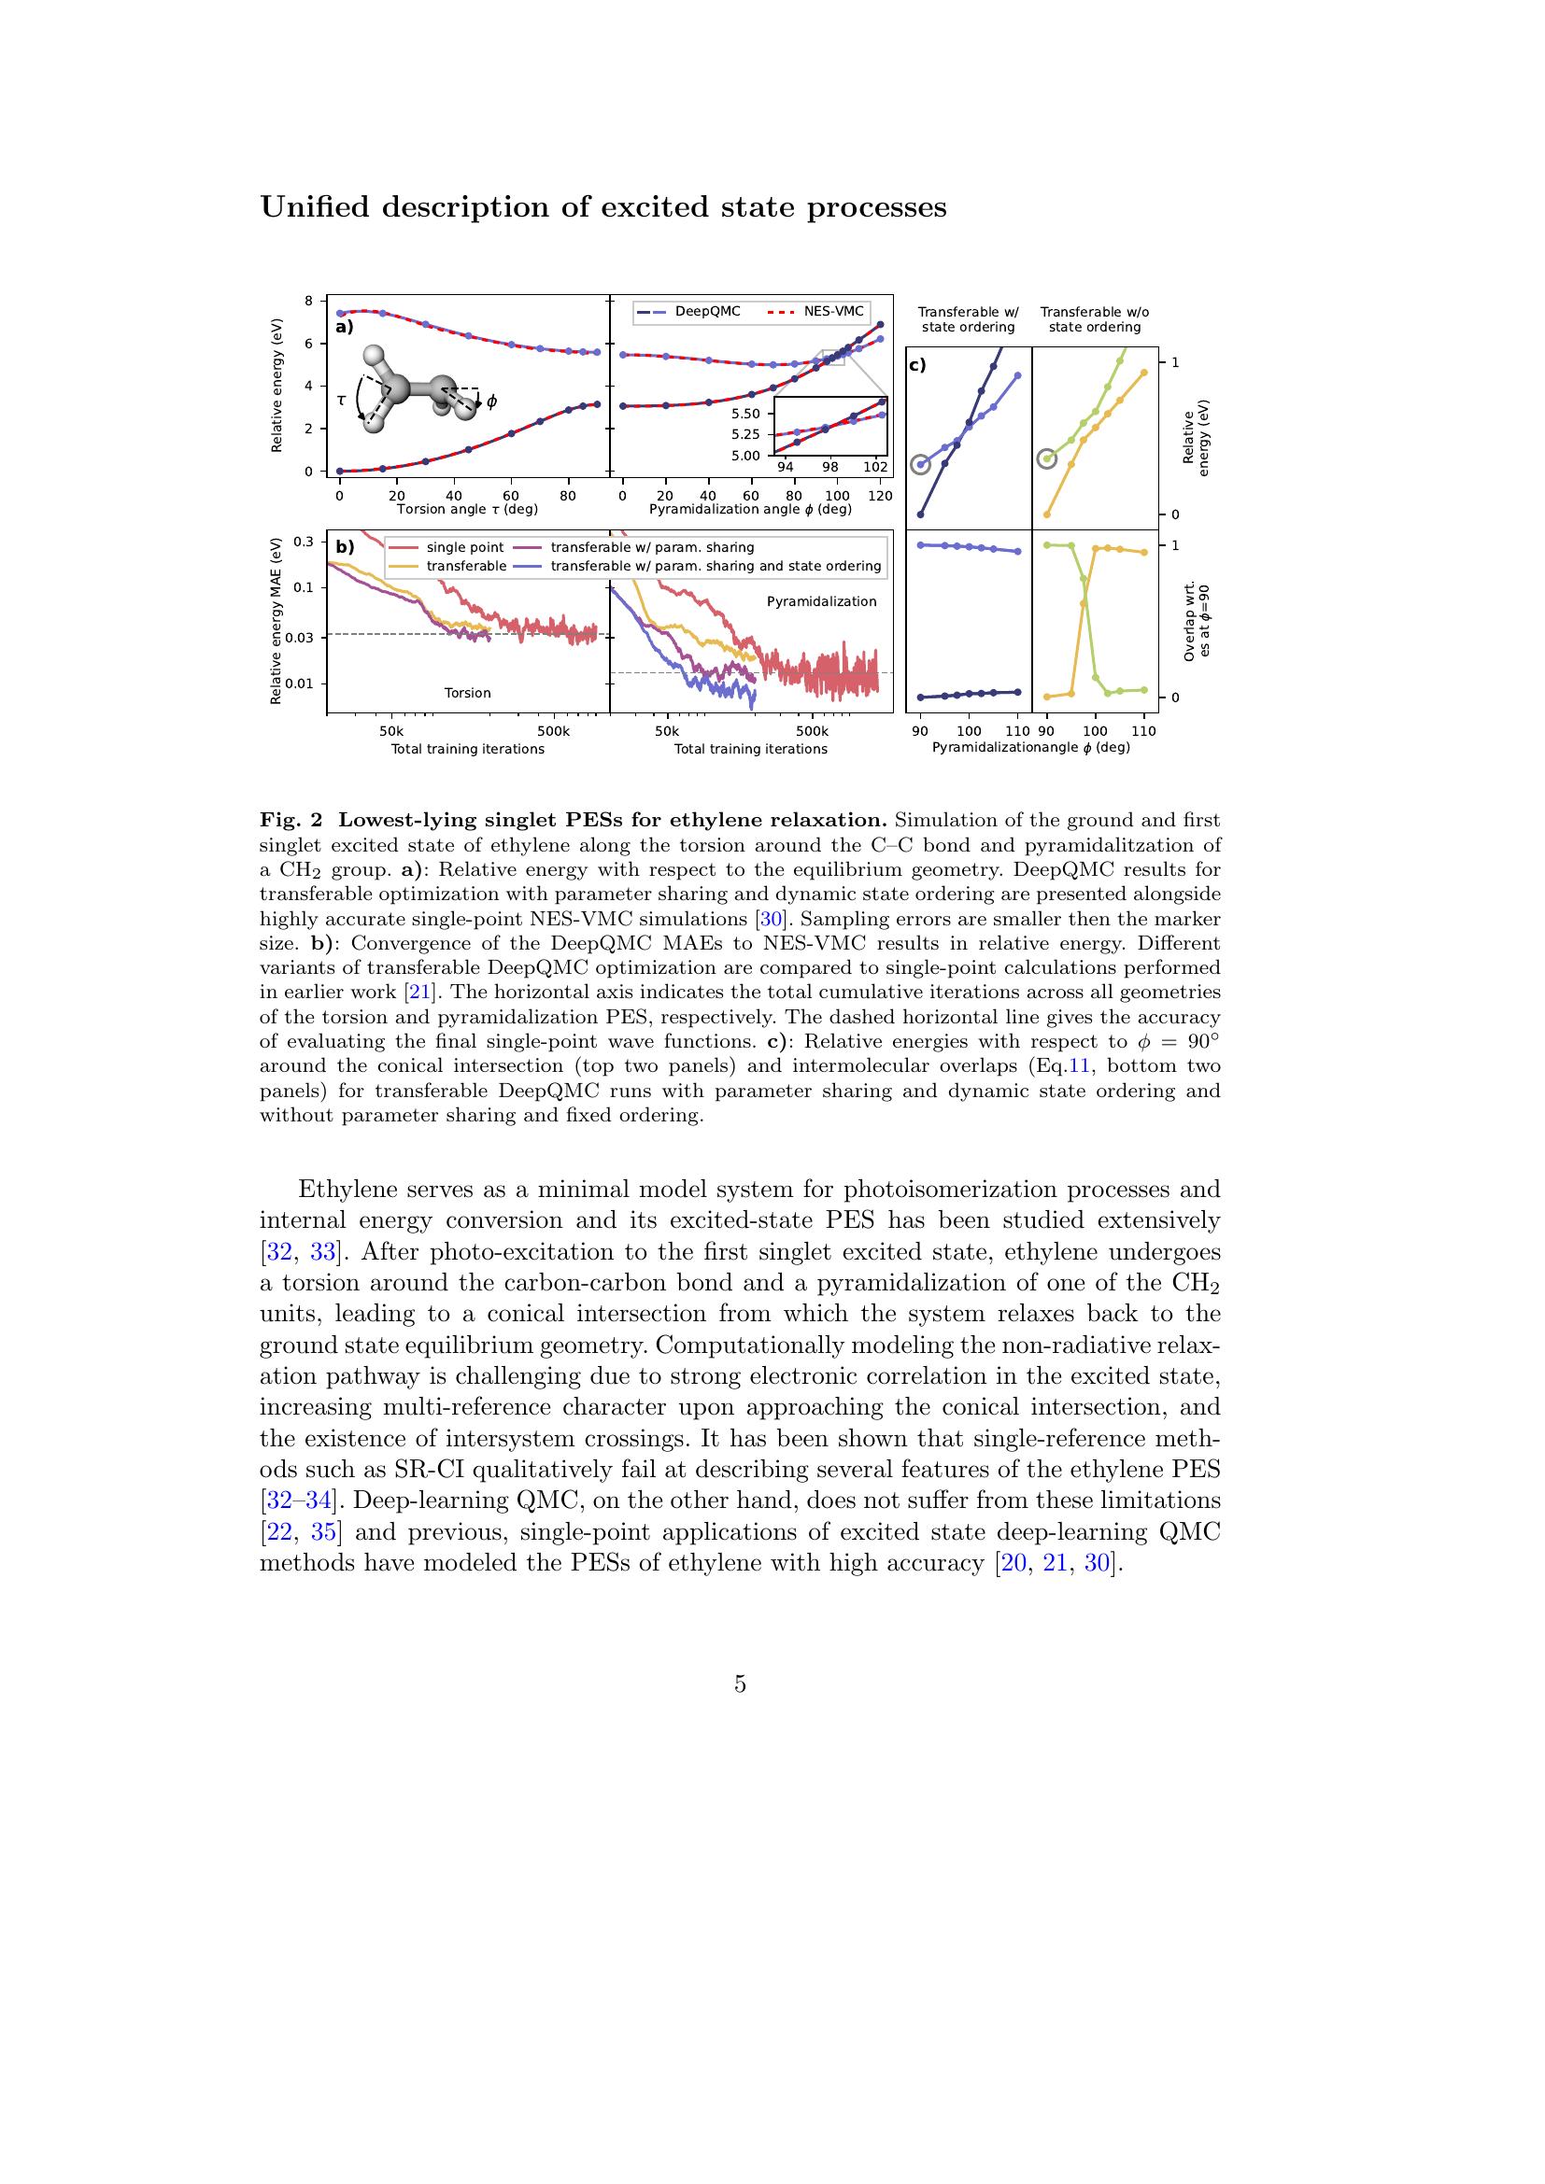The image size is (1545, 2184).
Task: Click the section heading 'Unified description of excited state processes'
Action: coord(603,207)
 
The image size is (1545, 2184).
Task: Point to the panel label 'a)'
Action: coord(345,327)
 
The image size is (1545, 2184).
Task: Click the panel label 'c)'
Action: coord(918,365)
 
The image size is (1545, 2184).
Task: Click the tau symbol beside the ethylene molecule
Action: coord(341,401)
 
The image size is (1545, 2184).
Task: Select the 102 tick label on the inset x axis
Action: coord(875,468)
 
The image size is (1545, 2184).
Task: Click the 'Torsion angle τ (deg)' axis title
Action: coord(467,509)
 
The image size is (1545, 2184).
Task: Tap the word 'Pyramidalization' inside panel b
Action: coord(821,601)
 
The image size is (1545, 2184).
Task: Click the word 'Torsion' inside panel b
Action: coord(467,693)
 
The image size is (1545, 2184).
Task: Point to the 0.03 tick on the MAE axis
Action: coord(303,638)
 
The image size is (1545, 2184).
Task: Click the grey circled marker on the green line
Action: coord(1046,458)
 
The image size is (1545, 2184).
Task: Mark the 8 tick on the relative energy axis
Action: coord(308,301)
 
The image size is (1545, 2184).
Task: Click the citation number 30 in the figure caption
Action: coord(770,919)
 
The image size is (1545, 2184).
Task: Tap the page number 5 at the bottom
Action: coord(740,1684)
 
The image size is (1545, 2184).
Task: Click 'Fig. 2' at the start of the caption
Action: coord(291,820)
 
